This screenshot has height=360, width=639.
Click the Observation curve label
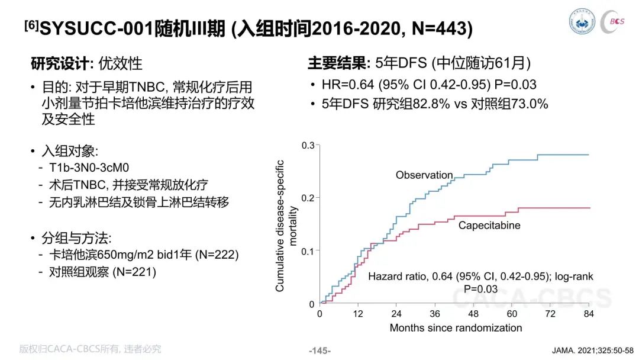pos(424,175)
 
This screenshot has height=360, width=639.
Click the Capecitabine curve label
pos(489,226)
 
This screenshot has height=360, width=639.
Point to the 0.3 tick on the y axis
pos(308,145)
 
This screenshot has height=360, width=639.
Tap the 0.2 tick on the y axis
pos(308,198)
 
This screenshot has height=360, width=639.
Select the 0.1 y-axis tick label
pos(308,251)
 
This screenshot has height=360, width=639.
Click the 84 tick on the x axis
pos(589,313)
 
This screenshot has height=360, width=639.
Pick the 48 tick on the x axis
pos(473,313)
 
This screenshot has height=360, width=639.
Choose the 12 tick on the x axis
pos(357,313)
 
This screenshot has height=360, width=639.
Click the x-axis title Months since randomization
pos(456,327)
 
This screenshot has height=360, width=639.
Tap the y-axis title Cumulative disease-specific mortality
pos(285,226)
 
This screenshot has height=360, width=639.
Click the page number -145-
pos(319,351)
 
